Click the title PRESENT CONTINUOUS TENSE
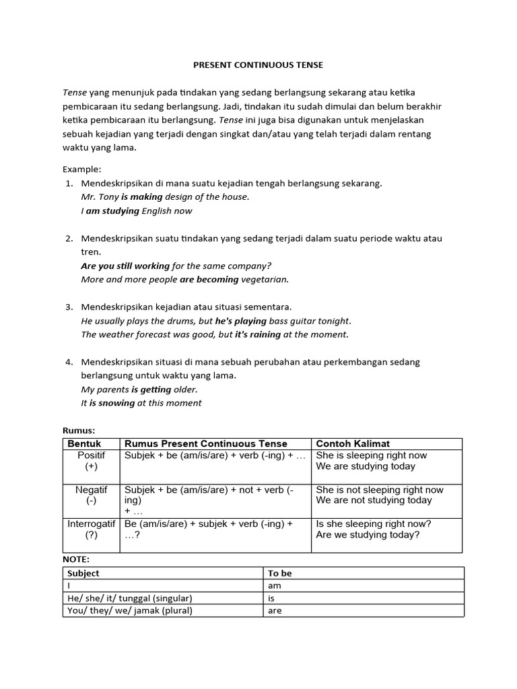tap(258, 65)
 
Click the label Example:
tap(81, 169)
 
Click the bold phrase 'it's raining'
tap(256, 334)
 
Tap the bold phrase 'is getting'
tap(151, 390)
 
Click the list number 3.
tap(69, 307)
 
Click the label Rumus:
tap(79, 431)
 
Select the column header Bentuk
tap(84, 443)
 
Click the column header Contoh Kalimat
tap(353, 443)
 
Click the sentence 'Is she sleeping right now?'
tap(374, 524)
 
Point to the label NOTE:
tap(76, 559)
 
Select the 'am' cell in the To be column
tap(275, 586)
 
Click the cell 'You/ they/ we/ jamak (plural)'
tap(130, 611)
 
